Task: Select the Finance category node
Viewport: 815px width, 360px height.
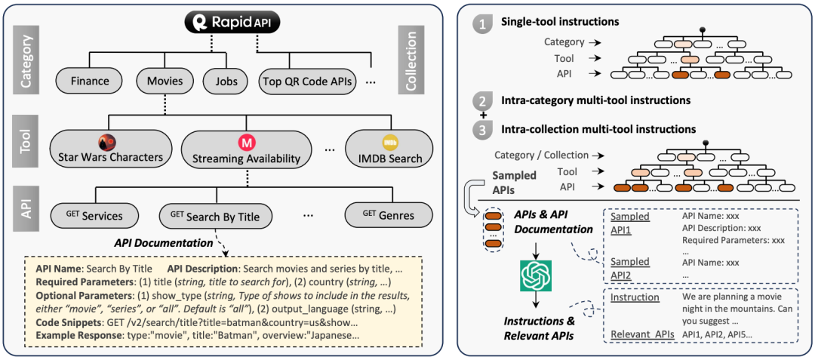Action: click(89, 81)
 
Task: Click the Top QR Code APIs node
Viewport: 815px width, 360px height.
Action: click(308, 81)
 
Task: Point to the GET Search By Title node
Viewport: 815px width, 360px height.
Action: click(215, 217)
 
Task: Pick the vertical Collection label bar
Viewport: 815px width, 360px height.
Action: click(411, 60)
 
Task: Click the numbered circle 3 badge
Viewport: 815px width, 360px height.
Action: click(481, 129)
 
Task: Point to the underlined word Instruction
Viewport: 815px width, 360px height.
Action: click(634, 297)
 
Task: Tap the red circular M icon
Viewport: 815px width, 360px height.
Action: click(245, 140)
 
